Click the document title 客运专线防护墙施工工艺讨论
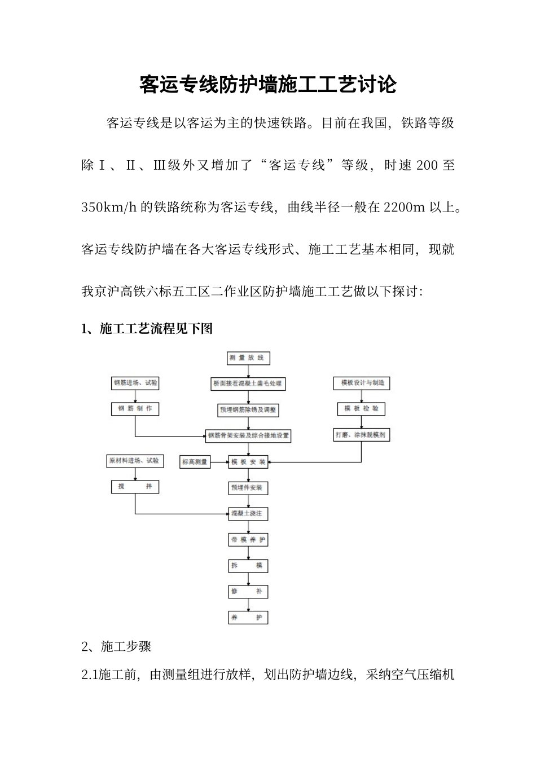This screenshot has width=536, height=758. tap(268, 85)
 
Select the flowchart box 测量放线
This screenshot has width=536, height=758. tap(247, 358)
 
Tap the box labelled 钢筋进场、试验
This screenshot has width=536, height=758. tap(135, 383)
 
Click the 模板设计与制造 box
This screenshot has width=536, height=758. tap(362, 383)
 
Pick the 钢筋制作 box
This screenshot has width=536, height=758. tap(135, 409)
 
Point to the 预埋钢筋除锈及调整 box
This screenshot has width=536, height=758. tap(248, 410)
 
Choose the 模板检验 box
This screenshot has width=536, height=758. tap(361, 409)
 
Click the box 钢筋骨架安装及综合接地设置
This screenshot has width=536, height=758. tap(248, 435)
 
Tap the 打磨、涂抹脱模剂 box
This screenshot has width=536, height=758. tap(361, 435)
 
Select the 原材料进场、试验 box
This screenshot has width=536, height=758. tap(135, 461)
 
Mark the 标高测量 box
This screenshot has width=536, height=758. tap(195, 462)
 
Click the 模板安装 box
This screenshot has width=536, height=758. tap(248, 462)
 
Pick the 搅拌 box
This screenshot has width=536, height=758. tap(135, 487)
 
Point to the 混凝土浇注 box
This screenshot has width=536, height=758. tap(248, 514)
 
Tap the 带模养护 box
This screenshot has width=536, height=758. tap(248, 540)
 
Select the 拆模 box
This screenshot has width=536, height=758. tap(248, 566)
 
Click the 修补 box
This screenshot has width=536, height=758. tap(248, 592)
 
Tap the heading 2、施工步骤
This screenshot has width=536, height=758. tap(116, 646)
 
